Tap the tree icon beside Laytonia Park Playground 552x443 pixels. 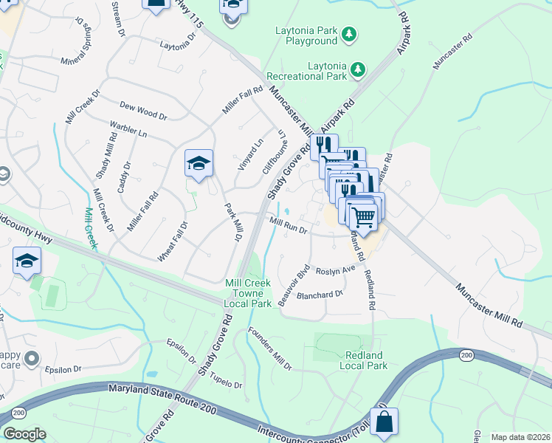(x=350, y=34)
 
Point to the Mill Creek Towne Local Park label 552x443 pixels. (x=248, y=293)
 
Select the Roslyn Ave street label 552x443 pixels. (x=336, y=271)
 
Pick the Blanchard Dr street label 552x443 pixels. (x=320, y=294)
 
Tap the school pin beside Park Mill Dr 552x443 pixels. (x=199, y=163)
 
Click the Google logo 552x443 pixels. (x=24, y=434)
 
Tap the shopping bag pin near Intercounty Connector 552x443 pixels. (x=384, y=422)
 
